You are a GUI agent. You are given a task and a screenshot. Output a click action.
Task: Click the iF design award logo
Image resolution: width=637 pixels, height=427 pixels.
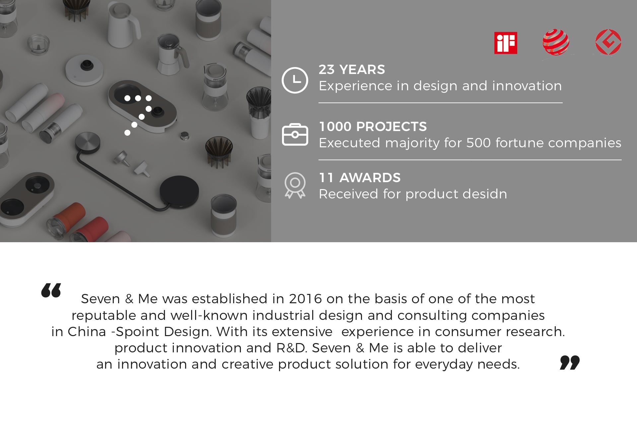pos(506,43)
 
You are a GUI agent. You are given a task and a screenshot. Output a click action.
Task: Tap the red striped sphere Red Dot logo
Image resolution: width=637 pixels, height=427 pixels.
pos(556,42)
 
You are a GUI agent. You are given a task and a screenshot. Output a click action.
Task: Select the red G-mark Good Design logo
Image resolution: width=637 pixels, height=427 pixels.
pos(608,42)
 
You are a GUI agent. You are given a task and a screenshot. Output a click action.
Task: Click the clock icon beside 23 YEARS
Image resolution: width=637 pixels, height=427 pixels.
pos(295,80)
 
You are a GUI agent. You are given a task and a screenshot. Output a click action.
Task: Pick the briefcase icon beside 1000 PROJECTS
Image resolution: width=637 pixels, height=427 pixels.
pos(295,135)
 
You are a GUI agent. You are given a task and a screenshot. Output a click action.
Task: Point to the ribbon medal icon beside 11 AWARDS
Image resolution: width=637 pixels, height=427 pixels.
pos(295,185)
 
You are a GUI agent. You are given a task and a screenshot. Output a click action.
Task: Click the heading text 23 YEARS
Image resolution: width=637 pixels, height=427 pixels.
pos(352,70)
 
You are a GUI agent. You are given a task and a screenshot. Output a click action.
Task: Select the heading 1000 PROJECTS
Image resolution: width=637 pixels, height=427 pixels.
pos(373,127)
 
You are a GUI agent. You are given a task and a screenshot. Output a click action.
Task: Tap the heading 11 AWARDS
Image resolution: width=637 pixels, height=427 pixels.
pos(360,178)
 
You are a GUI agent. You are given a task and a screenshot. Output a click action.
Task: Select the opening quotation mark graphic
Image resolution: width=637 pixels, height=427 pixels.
pos(51,290)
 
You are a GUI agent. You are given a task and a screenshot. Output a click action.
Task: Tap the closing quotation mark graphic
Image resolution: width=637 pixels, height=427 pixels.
pos(570,362)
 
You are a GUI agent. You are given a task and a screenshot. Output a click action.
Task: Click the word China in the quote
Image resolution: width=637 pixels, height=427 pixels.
pos(87,332)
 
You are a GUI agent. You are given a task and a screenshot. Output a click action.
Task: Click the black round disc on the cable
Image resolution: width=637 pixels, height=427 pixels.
pos(179,191)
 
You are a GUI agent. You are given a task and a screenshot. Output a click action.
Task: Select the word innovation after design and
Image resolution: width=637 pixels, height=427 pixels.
pos(527,86)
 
